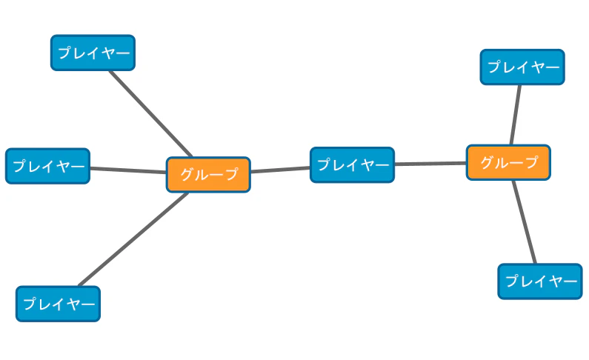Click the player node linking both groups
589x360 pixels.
click(x=352, y=165)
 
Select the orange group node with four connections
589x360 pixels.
click(x=208, y=175)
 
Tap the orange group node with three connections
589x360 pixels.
click(x=508, y=162)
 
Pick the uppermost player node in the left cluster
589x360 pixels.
click(x=93, y=53)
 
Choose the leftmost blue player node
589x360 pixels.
click(x=47, y=166)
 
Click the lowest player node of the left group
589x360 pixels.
click(x=58, y=304)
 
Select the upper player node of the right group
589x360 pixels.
click(x=522, y=67)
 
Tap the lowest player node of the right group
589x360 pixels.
click(x=540, y=281)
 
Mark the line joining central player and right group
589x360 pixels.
click(x=430, y=163)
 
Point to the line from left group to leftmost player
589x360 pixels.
click(x=127, y=170)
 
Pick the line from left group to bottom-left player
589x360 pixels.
click(x=133, y=239)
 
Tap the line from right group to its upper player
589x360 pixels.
click(x=515, y=115)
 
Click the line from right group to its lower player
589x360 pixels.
click(x=524, y=221)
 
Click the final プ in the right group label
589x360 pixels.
click(x=530, y=163)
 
